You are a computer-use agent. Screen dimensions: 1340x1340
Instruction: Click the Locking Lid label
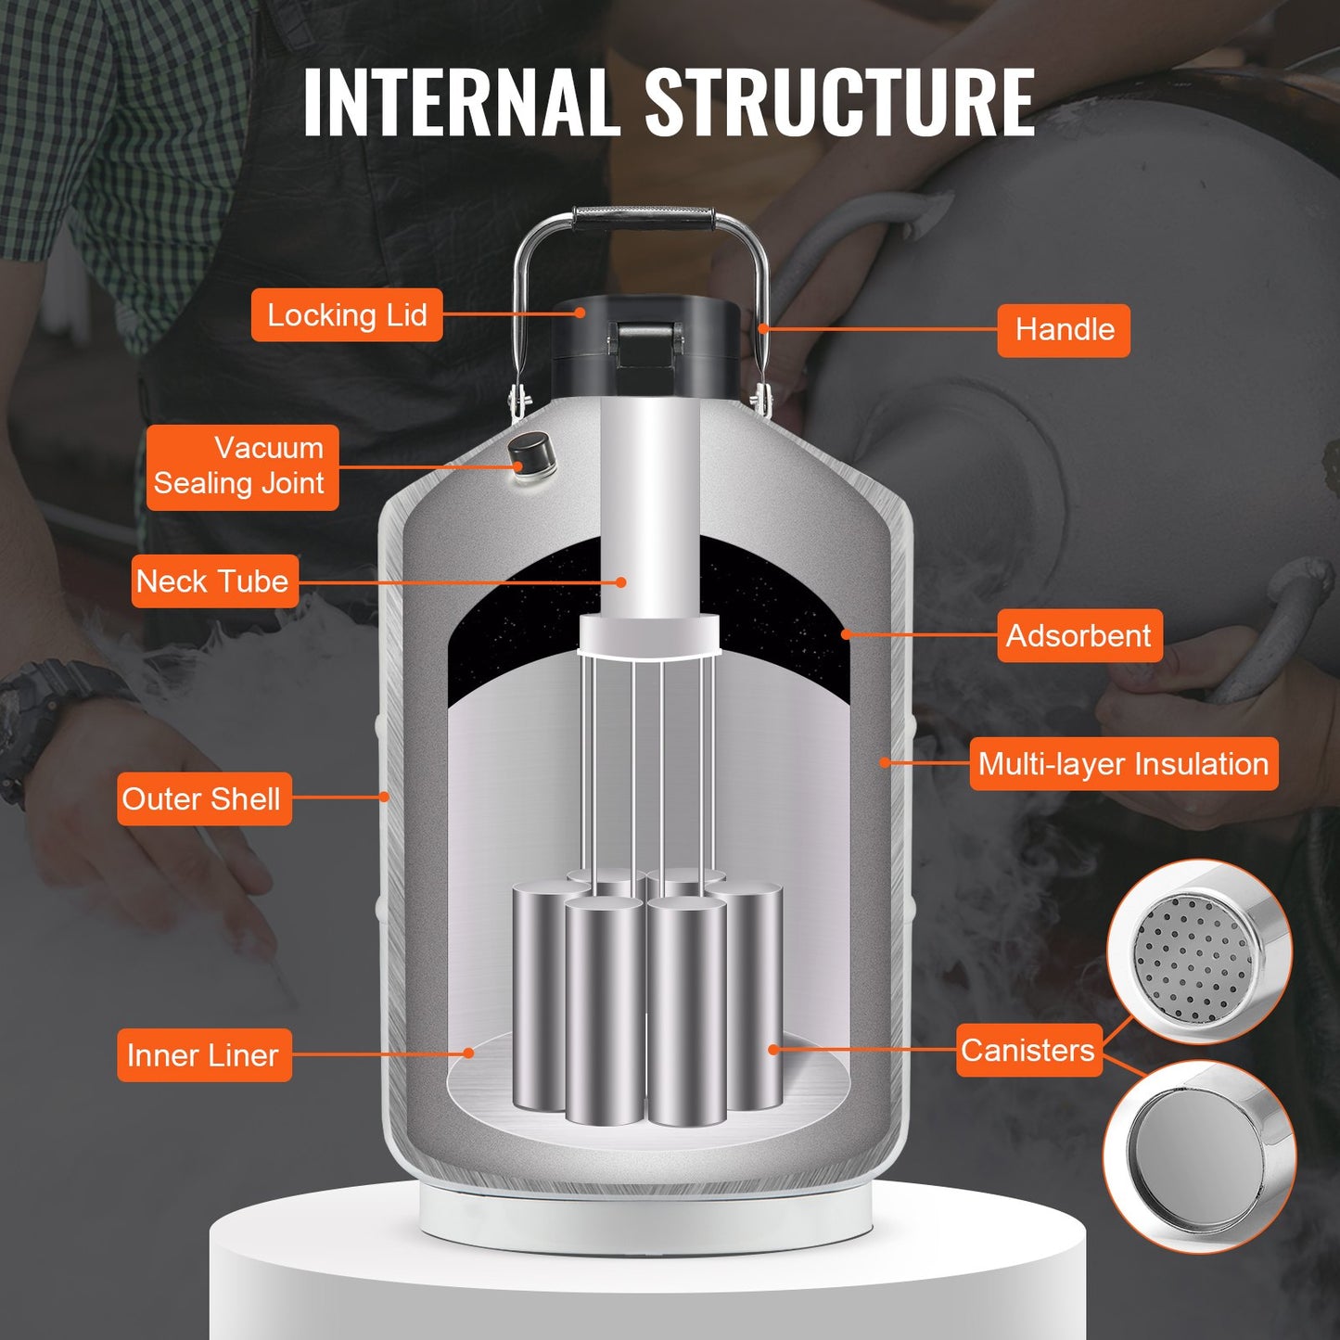(x=347, y=315)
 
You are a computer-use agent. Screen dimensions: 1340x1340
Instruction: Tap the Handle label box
(x=1064, y=330)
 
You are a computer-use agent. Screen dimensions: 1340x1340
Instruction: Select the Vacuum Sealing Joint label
(x=242, y=466)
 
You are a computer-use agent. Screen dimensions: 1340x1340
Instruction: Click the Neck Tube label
(x=214, y=581)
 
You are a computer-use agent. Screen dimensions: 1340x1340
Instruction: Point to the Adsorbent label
(x=1078, y=636)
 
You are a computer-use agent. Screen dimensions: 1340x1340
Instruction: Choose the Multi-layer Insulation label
(x=1123, y=764)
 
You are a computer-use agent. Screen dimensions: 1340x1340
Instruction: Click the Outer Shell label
(x=203, y=798)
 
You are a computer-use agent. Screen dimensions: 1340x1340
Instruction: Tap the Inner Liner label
(x=203, y=1054)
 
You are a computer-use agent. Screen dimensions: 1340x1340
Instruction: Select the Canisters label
(x=1028, y=1050)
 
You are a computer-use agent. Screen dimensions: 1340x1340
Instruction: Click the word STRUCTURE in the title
(x=839, y=102)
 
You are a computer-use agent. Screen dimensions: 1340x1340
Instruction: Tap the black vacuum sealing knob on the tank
(x=530, y=454)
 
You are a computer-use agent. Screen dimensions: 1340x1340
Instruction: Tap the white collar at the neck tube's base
(x=649, y=635)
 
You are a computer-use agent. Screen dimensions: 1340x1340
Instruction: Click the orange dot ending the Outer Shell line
(x=384, y=797)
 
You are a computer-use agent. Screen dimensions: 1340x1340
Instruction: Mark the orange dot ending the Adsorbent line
(x=846, y=634)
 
